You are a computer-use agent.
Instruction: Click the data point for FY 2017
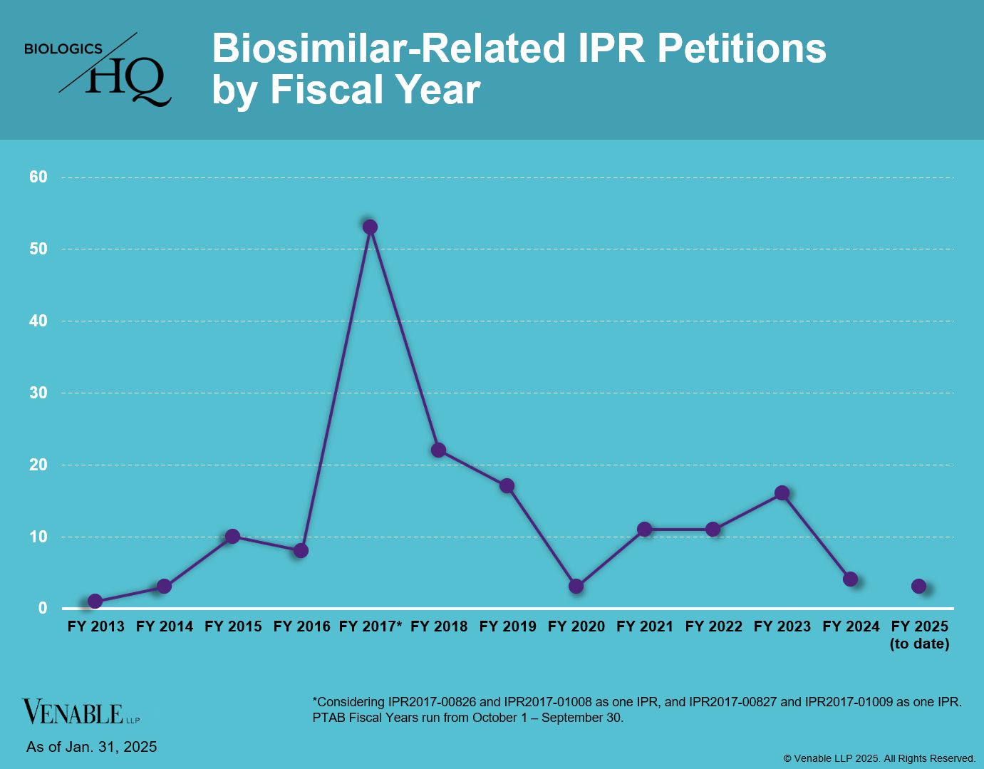[x=370, y=227]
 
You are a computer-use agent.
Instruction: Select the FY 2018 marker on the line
[x=438, y=450]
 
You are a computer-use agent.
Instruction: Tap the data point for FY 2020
[x=576, y=586]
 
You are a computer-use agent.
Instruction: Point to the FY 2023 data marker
[x=782, y=492]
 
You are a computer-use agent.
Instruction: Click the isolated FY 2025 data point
[x=919, y=586]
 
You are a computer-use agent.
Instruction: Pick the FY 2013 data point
[x=95, y=601]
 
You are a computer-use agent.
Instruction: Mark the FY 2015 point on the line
[x=232, y=536]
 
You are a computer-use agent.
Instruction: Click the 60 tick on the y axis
[x=38, y=177]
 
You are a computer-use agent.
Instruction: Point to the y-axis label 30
[x=38, y=393]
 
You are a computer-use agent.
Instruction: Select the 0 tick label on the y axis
[x=43, y=608]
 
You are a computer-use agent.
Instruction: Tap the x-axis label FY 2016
[x=301, y=626]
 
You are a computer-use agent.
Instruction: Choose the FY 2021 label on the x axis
[x=645, y=626]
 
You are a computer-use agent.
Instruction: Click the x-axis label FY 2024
[x=851, y=626]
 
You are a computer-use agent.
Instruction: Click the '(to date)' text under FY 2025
[x=919, y=644]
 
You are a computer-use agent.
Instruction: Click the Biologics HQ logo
[x=99, y=69]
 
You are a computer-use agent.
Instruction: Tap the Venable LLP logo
[x=81, y=712]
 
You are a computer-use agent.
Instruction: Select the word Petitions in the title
[x=741, y=48]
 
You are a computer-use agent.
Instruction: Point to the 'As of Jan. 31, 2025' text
[x=91, y=747]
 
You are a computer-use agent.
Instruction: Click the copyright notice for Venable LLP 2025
[x=879, y=758]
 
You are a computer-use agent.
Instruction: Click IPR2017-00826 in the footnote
[x=433, y=702]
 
